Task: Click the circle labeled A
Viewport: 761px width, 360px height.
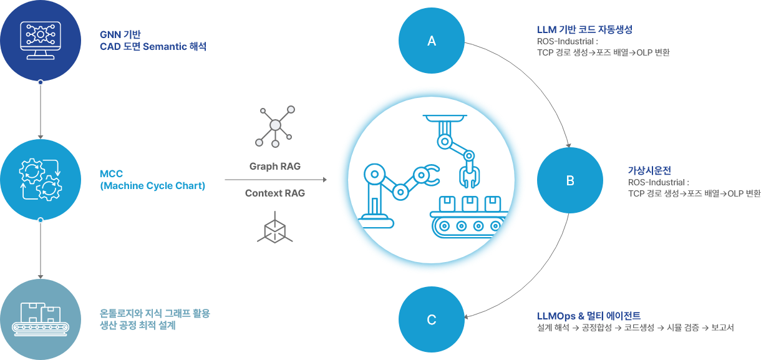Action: pyautogui.click(x=431, y=41)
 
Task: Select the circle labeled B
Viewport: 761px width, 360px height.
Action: pyautogui.click(x=570, y=181)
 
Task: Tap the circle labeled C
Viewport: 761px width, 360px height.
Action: pyautogui.click(x=431, y=320)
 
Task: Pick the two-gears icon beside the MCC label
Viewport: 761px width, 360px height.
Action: pyautogui.click(x=40, y=179)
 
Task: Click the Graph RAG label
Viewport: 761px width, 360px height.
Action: pyautogui.click(x=275, y=167)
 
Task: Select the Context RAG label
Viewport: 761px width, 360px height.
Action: pyautogui.click(x=275, y=193)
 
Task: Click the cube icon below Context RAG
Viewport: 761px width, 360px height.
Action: pyautogui.click(x=274, y=228)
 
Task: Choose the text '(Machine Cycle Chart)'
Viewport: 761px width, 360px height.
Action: pyautogui.click(x=152, y=186)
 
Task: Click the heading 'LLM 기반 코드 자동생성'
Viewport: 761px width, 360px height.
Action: pyautogui.click(x=585, y=29)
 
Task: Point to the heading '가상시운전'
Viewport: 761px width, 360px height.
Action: pyautogui.click(x=649, y=170)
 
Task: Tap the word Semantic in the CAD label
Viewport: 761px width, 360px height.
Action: pyautogui.click(x=165, y=47)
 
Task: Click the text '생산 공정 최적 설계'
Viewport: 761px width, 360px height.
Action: pyautogui.click(x=137, y=326)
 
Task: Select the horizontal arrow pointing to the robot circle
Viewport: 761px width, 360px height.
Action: pyautogui.click(x=275, y=180)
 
